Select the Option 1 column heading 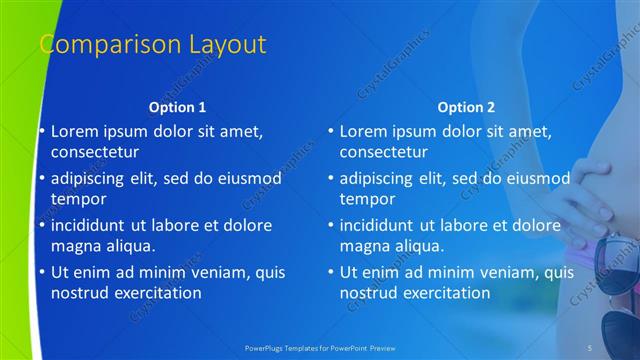[177, 106]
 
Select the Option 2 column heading [466, 106]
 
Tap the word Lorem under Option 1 [76, 131]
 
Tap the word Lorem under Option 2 [365, 131]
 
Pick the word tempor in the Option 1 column [76, 200]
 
